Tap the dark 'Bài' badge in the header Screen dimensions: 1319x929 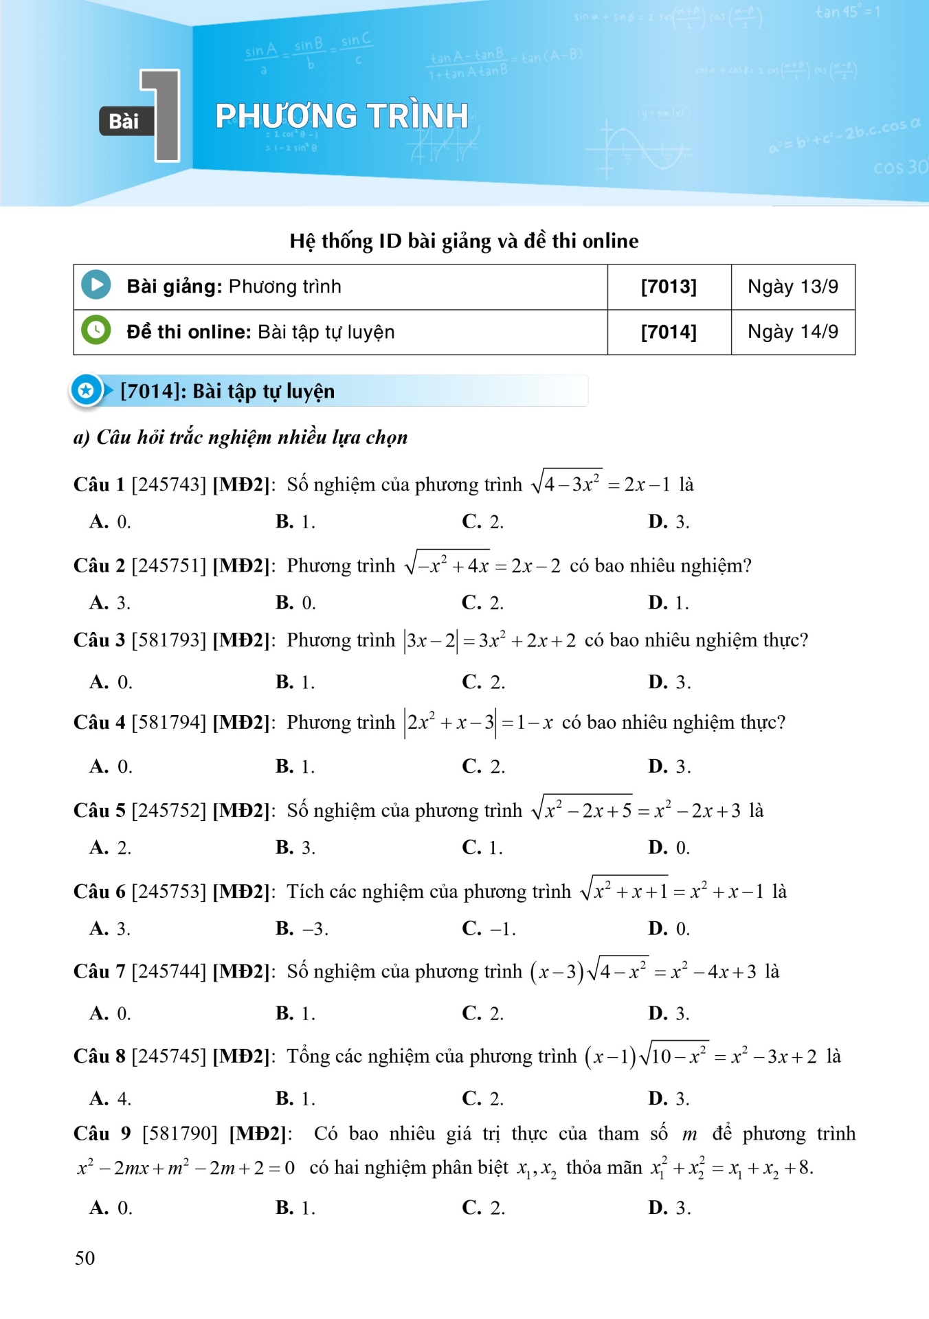click(x=124, y=122)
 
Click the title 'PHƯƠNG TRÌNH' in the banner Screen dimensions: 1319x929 click(x=342, y=116)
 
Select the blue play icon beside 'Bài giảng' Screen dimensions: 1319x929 click(x=96, y=285)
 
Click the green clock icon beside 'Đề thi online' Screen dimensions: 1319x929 click(x=96, y=330)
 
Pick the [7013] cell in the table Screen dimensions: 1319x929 click(x=669, y=286)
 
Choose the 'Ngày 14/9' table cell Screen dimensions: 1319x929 click(x=793, y=332)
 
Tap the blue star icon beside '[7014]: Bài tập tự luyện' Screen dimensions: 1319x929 click(x=86, y=391)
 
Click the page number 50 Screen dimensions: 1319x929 click(x=85, y=1258)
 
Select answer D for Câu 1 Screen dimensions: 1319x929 click(x=668, y=522)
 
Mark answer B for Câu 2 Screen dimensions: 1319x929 click(x=295, y=603)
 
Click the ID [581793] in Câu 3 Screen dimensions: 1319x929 click(x=168, y=640)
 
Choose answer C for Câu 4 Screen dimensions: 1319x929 click(x=483, y=767)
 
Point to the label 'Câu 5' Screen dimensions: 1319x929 click(x=100, y=811)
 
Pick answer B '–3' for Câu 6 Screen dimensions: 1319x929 click(x=302, y=929)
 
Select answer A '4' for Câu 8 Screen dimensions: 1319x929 click(x=110, y=1098)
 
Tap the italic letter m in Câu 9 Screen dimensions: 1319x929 click(x=689, y=1135)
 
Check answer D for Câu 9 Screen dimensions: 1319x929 click(x=669, y=1208)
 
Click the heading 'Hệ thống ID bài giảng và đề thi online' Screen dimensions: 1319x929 click(x=464, y=241)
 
